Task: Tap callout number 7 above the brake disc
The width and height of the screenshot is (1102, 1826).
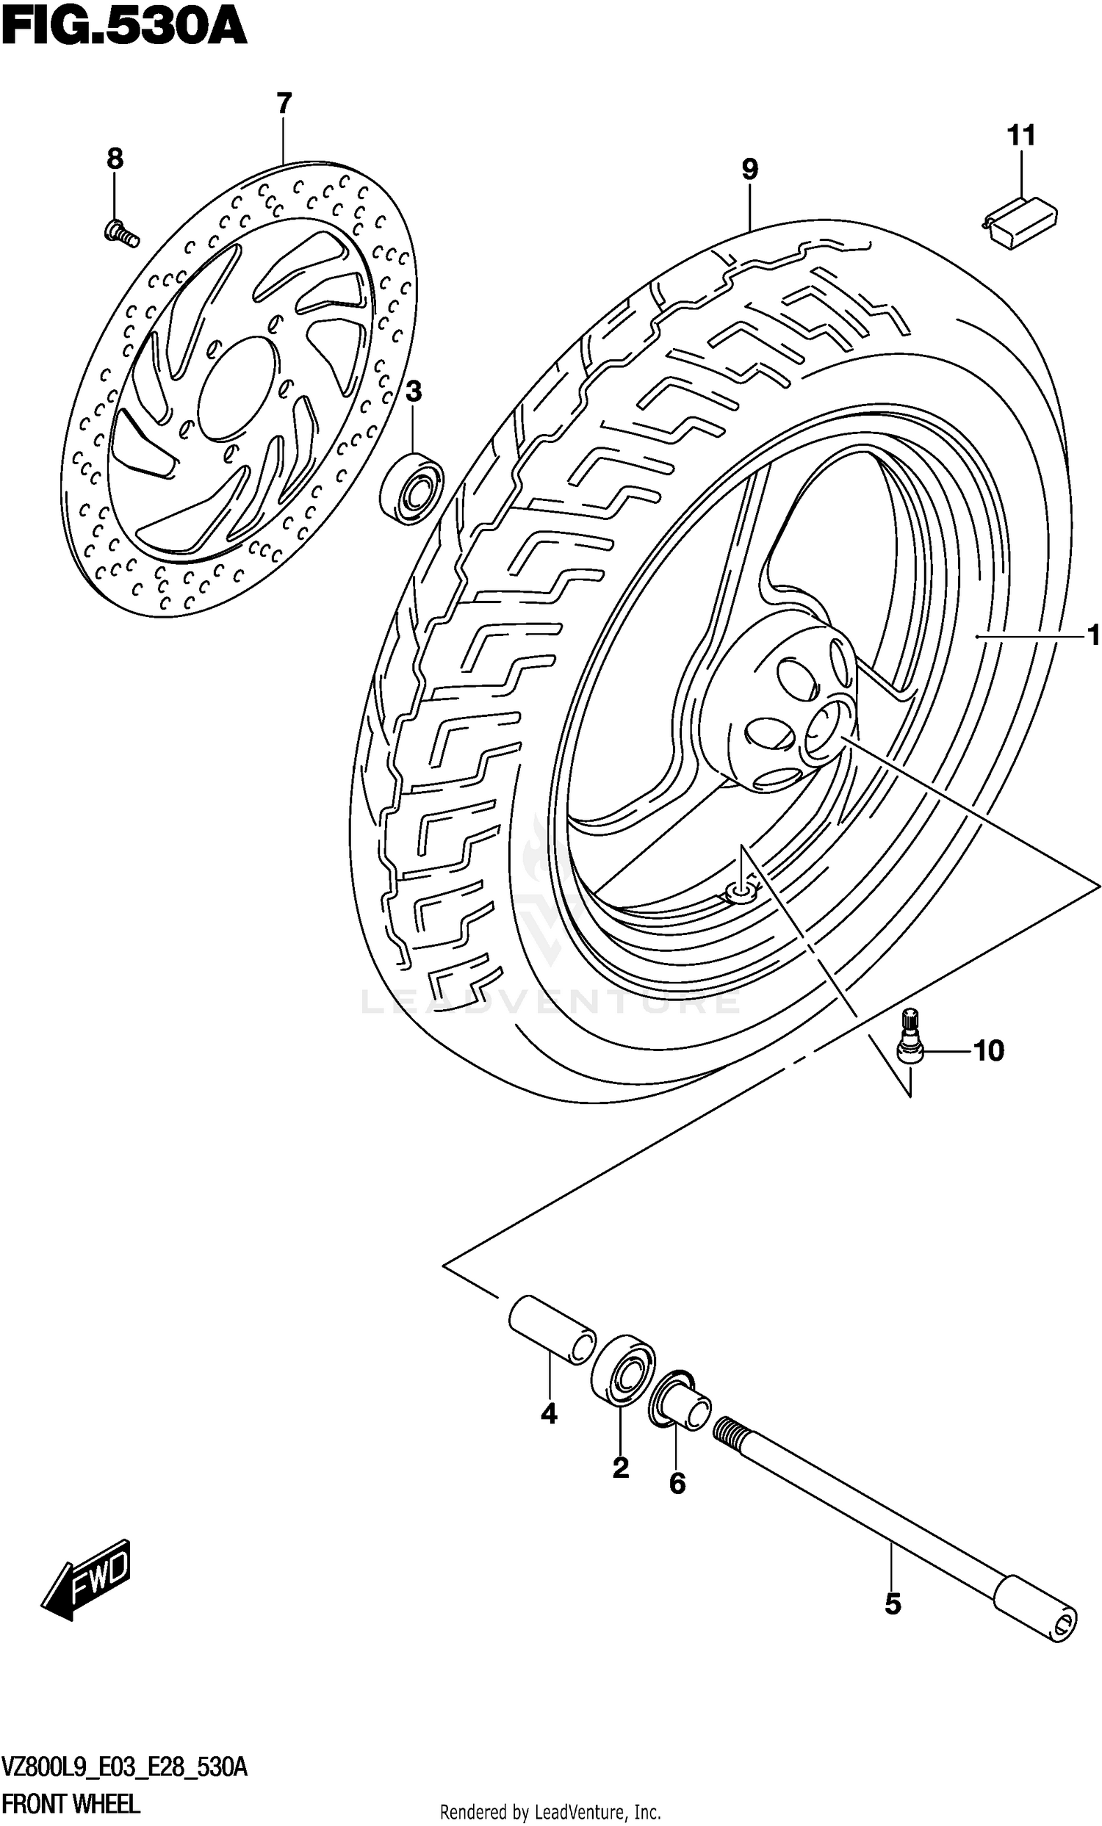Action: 284,104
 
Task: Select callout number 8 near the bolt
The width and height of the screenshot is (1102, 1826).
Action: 115,159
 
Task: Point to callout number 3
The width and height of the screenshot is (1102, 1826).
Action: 414,392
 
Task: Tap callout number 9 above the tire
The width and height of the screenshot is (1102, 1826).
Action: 749,170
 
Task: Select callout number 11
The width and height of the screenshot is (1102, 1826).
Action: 1020,137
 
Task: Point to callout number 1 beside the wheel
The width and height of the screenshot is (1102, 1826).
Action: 1092,635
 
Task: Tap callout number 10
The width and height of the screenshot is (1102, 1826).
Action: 989,1051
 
